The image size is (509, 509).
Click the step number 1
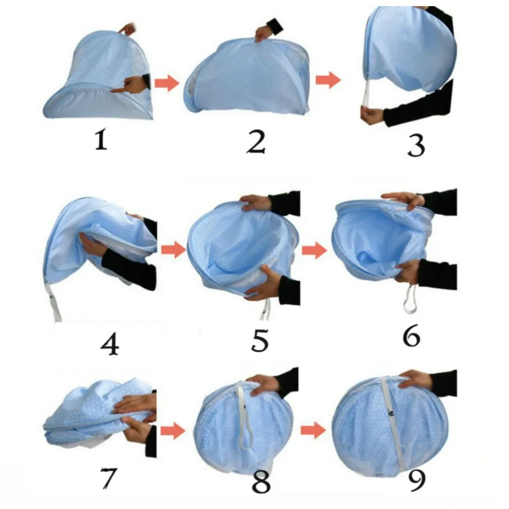click(x=101, y=139)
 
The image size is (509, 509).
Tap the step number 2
click(x=256, y=142)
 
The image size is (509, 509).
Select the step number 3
click(x=416, y=146)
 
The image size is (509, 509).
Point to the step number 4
click(x=110, y=344)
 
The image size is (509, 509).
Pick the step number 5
click(x=260, y=340)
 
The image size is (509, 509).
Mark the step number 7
click(x=108, y=477)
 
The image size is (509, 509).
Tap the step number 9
click(x=416, y=481)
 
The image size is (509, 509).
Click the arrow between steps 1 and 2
click(x=167, y=83)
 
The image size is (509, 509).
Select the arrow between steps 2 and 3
click(x=328, y=80)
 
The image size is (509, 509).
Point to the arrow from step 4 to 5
click(x=174, y=249)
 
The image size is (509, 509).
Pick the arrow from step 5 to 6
click(x=314, y=250)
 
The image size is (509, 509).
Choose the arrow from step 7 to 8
click(x=173, y=431)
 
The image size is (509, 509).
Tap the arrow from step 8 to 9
click(x=313, y=431)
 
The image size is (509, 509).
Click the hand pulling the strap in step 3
click(x=373, y=115)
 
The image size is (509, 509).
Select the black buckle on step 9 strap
click(x=391, y=413)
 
